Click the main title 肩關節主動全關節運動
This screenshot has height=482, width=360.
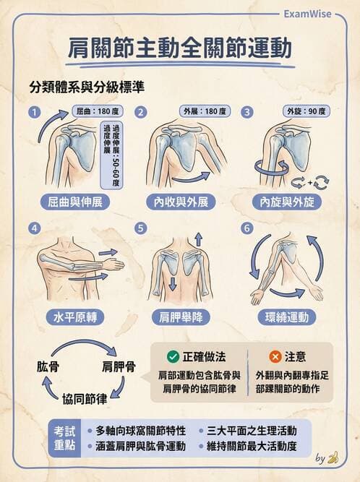pyautogui.click(x=180, y=49)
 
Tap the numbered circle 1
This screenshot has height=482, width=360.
pyautogui.click(x=33, y=112)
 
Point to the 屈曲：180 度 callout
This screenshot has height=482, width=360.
pyautogui.click(x=96, y=112)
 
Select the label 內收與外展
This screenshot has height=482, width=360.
pyautogui.click(x=181, y=202)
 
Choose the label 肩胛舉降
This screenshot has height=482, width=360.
pyautogui.click(x=181, y=317)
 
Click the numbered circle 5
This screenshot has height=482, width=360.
pyautogui.click(x=140, y=228)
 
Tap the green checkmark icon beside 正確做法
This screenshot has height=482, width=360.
pyautogui.click(x=173, y=356)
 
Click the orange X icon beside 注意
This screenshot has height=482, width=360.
pyautogui.click(x=275, y=356)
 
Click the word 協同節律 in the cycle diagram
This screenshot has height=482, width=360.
pyautogui.click(x=85, y=399)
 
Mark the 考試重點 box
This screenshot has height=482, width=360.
pyautogui.click(x=64, y=437)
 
